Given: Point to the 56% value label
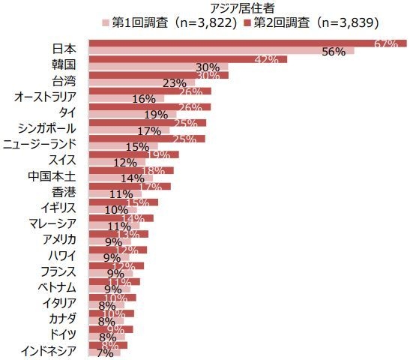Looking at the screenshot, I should coord(333,52).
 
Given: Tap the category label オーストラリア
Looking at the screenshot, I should coord(48,97).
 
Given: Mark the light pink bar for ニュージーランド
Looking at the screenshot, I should coord(112,146).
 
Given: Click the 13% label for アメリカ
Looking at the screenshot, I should coord(127,235).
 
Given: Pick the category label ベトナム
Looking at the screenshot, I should coord(59,287).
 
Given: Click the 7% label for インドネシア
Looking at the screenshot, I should coord(104,353).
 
